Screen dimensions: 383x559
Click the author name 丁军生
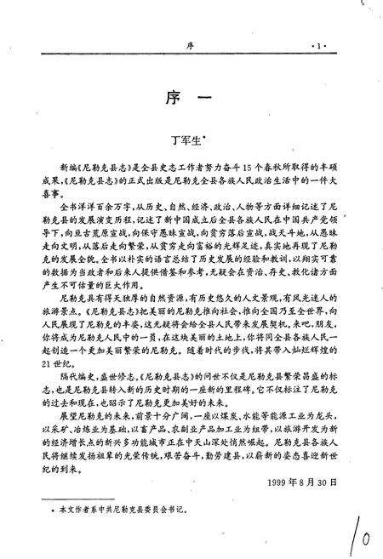(187, 133)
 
